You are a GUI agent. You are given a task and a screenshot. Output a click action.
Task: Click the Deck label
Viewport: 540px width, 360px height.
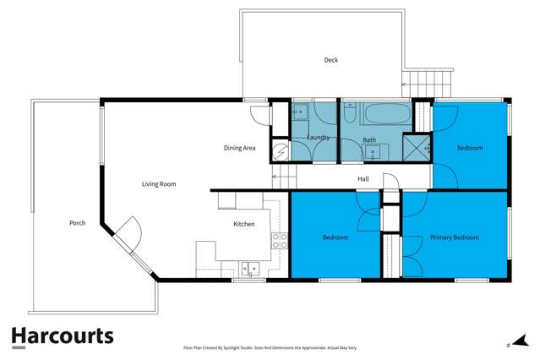click(332, 60)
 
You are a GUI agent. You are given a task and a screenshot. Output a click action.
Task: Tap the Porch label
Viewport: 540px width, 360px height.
click(78, 223)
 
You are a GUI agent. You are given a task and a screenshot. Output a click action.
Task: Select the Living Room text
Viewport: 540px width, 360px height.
click(158, 183)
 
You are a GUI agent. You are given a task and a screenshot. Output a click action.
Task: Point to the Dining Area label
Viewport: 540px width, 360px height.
click(239, 148)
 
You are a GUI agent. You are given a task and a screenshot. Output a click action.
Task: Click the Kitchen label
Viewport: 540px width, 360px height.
click(244, 224)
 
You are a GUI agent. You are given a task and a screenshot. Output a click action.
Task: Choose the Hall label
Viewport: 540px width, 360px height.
click(363, 179)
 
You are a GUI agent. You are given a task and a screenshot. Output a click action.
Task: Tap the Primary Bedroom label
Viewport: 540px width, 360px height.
click(455, 237)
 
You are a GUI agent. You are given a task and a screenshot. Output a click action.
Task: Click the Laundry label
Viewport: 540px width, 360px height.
click(319, 138)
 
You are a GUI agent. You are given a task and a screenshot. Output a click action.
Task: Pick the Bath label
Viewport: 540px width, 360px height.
click(370, 139)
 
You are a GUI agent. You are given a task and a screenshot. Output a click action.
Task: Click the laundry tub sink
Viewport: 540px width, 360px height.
click(299, 112)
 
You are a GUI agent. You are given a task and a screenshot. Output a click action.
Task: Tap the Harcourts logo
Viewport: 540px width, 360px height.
click(62, 336)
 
